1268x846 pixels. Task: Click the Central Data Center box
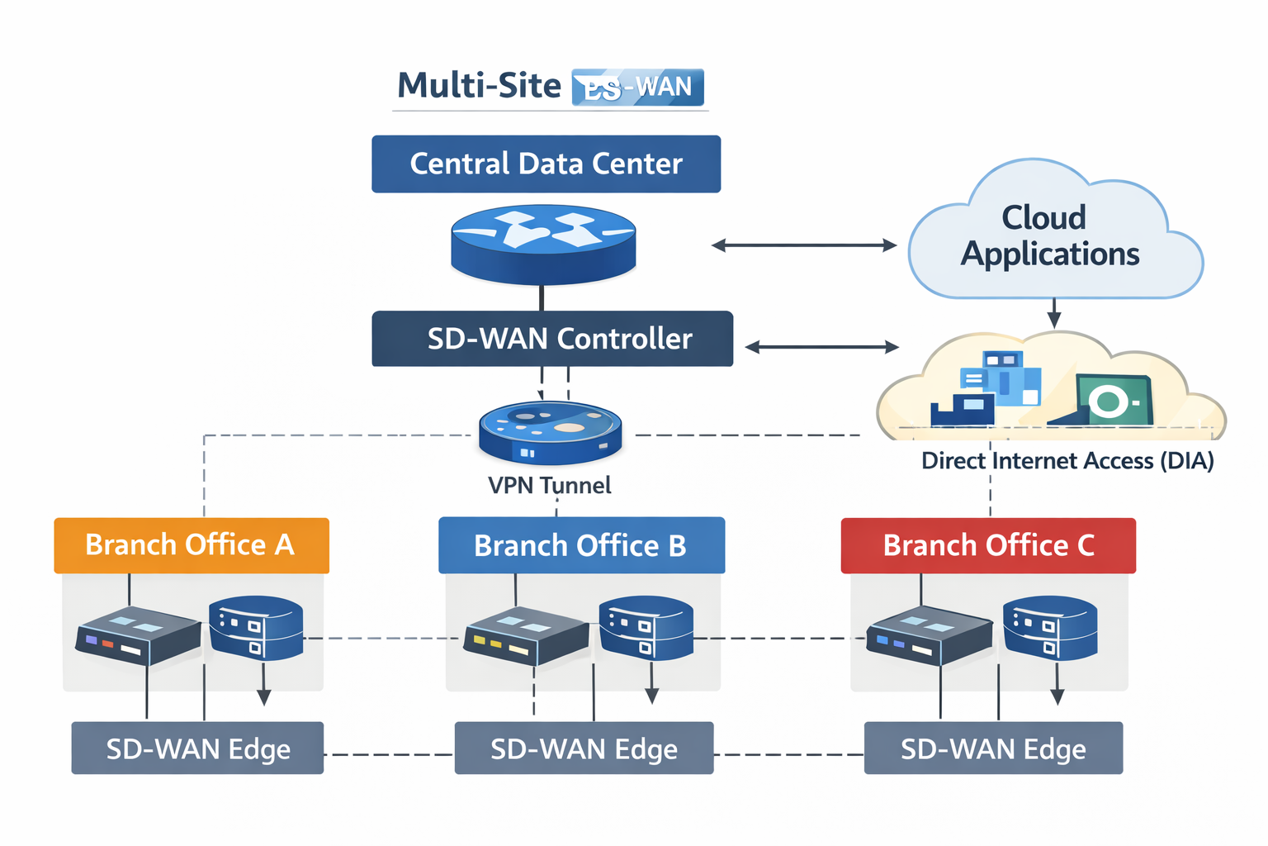tap(546, 164)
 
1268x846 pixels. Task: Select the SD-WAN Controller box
tap(552, 339)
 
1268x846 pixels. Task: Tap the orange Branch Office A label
tap(192, 545)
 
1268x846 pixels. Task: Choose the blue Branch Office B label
tap(581, 545)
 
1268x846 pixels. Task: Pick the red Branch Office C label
tap(988, 545)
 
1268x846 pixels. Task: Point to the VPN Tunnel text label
tap(549, 485)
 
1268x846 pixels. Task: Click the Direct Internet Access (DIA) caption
tap(1067, 461)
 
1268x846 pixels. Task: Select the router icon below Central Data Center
tap(543, 243)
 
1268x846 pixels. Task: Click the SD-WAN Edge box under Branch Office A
tap(197, 749)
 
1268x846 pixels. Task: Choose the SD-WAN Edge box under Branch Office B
tap(584, 749)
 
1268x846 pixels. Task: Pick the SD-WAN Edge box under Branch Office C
tap(993, 749)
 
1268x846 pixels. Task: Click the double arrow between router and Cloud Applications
tap(804, 245)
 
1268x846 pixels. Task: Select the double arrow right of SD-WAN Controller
tap(822, 347)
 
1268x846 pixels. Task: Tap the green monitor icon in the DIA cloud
tap(1112, 400)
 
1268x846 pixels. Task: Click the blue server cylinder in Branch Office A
tap(256, 629)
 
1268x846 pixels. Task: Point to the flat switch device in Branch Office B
tap(526, 635)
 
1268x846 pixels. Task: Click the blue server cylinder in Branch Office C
tap(1049, 628)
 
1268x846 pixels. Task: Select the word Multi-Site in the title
tap(479, 86)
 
